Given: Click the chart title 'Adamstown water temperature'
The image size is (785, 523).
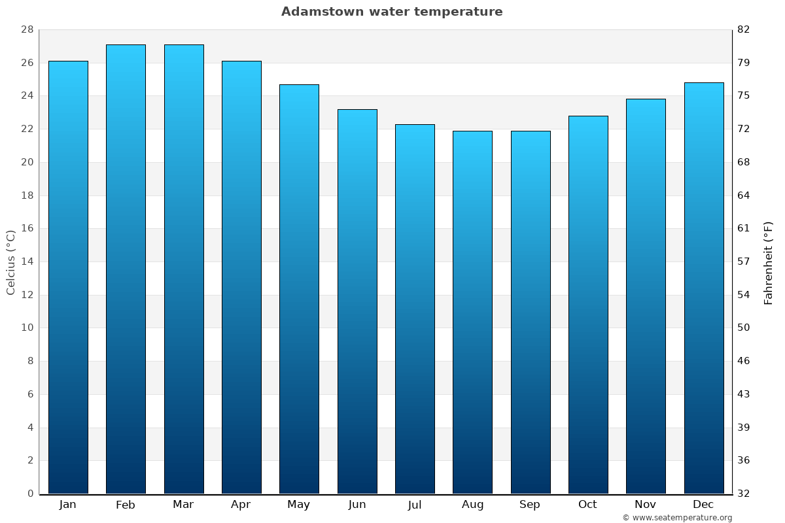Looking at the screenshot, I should click(x=392, y=12).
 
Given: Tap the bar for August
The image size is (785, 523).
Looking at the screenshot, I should click(x=472, y=312).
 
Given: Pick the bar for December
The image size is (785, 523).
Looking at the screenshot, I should click(x=704, y=288).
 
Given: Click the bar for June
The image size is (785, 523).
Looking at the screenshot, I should click(x=357, y=301).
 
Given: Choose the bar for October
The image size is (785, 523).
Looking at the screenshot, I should click(x=588, y=304).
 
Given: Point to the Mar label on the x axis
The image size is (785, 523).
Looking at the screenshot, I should click(x=183, y=505).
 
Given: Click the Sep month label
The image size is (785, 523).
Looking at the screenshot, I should click(x=530, y=505).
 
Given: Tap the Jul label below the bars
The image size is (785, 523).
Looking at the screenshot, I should click(x=415, y=505).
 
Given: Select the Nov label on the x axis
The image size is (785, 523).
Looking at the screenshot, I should click(x=646, y=505).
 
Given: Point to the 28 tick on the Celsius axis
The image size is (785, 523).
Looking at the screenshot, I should click(x=27, y=29).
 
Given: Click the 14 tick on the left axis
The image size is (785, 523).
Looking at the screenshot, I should click(x=27, y=261).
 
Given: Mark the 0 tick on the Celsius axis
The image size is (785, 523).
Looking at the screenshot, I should click(x=30, y=494).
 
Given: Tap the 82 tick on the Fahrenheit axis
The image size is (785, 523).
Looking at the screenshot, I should click(x=744, y=29).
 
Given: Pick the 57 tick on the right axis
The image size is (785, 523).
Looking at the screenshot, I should click(x=744, y=261).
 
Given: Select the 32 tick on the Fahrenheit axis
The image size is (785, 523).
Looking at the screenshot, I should click(x=744, y=494).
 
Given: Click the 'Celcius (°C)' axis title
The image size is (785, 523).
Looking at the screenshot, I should click(x=10, y=261).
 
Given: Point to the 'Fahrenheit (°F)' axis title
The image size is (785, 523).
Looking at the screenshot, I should click(x=769, y=263).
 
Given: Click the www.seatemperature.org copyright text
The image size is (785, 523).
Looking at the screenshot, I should click(x=677, y=518).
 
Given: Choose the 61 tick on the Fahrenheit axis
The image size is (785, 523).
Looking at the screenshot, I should click(x=744, y=228).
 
